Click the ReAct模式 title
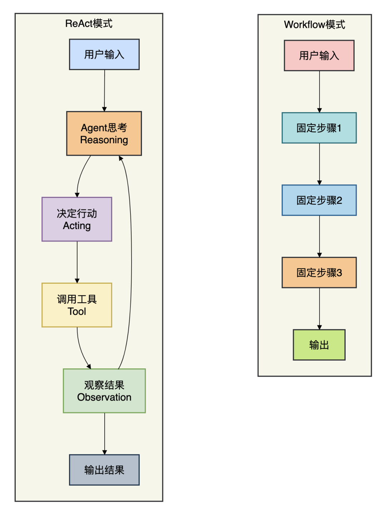coord(89,24)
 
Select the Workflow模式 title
coord(315,25)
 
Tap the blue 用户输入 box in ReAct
coord(104,54)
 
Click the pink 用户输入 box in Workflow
coord(319,55)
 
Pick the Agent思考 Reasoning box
coord(104,133)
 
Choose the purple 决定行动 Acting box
coord(77,219)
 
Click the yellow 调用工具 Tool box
coord(77,305)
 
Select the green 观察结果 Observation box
coord(104,391)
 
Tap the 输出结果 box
coord(104,469)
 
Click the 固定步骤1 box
coord(319,128)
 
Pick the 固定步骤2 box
coord(319,200)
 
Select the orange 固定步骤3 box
coord(319,272)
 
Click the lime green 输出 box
coord(319,345)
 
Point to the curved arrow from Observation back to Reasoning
coord(131,261)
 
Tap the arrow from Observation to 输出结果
coord(105,433)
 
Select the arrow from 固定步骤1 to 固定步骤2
coord(320,164)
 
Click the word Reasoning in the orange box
coord(104,140)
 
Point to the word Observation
coord(104,397)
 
